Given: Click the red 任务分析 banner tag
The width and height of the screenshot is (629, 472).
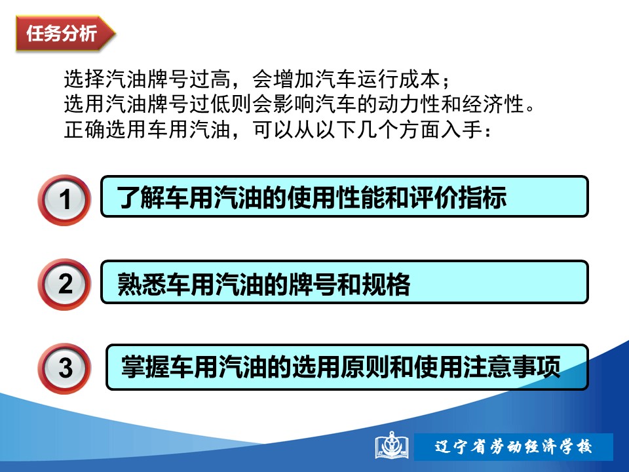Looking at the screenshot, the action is pyautogui.click(x=66, y=33).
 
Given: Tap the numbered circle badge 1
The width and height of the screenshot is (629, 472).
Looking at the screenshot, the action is pyautogui.click(x=64, y=200).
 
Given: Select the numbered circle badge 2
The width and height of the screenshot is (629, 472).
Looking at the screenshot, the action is pyautogui.click(x=64, y=284).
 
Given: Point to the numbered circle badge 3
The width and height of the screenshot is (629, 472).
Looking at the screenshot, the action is pyautogui.click(x=64, y=368).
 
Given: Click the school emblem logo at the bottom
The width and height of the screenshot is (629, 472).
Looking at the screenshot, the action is pyautogui.click(x=392, y=446).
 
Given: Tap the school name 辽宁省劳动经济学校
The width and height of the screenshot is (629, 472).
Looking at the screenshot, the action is pyautogui.click(x=514, y=446).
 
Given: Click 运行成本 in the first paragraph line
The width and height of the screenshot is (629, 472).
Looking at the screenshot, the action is pyautogui.click(x=398, y=79).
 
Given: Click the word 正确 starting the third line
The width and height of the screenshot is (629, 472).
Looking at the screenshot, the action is pyautogui.click(x=85, y=130).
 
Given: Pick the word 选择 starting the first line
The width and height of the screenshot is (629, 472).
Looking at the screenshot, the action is pyautogui.click(x=85, y=79).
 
